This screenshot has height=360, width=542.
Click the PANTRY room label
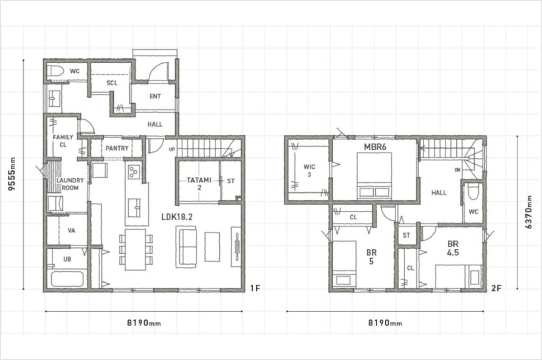pyautogui.click(x=117, y=148)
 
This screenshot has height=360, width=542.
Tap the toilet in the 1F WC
pyautogui.click(x=56, y=72)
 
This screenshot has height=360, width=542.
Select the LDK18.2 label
pyautogui.click(x=177, y=217)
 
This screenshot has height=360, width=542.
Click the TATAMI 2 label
pyautogui.click(x=199, y=184)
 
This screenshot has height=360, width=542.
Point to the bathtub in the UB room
pyautogui.click(x=67, y=279)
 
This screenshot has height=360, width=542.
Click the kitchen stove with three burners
pyautogui.click(x=134, y=172)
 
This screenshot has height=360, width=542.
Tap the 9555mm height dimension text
pyautogui.click(x=12, y=174)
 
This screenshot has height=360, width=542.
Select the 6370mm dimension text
pyautogui.click(x=529, y=212)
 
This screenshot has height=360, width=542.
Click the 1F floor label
pyautogui.click(x=255, y=288)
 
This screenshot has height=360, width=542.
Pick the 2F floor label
pyautogui.click(x=496, y=288)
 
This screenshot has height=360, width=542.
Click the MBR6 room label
pyautogui.click(x=375, y=147)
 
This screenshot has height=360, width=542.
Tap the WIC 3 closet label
pyautogui.click(x=309, y=170)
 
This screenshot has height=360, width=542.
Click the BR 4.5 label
pyautogui.click(x=453, y=249)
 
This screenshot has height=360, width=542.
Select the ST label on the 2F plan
pyautogui.click(x=406, y=235)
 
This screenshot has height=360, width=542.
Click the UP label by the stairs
pyautogui.click(x=172, y=150)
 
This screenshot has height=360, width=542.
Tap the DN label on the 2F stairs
pyautogui.click(x=457, y=170)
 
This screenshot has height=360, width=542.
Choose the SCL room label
pyautogui.click(x=112, y=83)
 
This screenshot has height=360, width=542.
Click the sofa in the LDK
pyautogui.click(x=186, y=247)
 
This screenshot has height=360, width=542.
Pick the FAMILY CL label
pyautogui.click(x=63, y=141)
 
